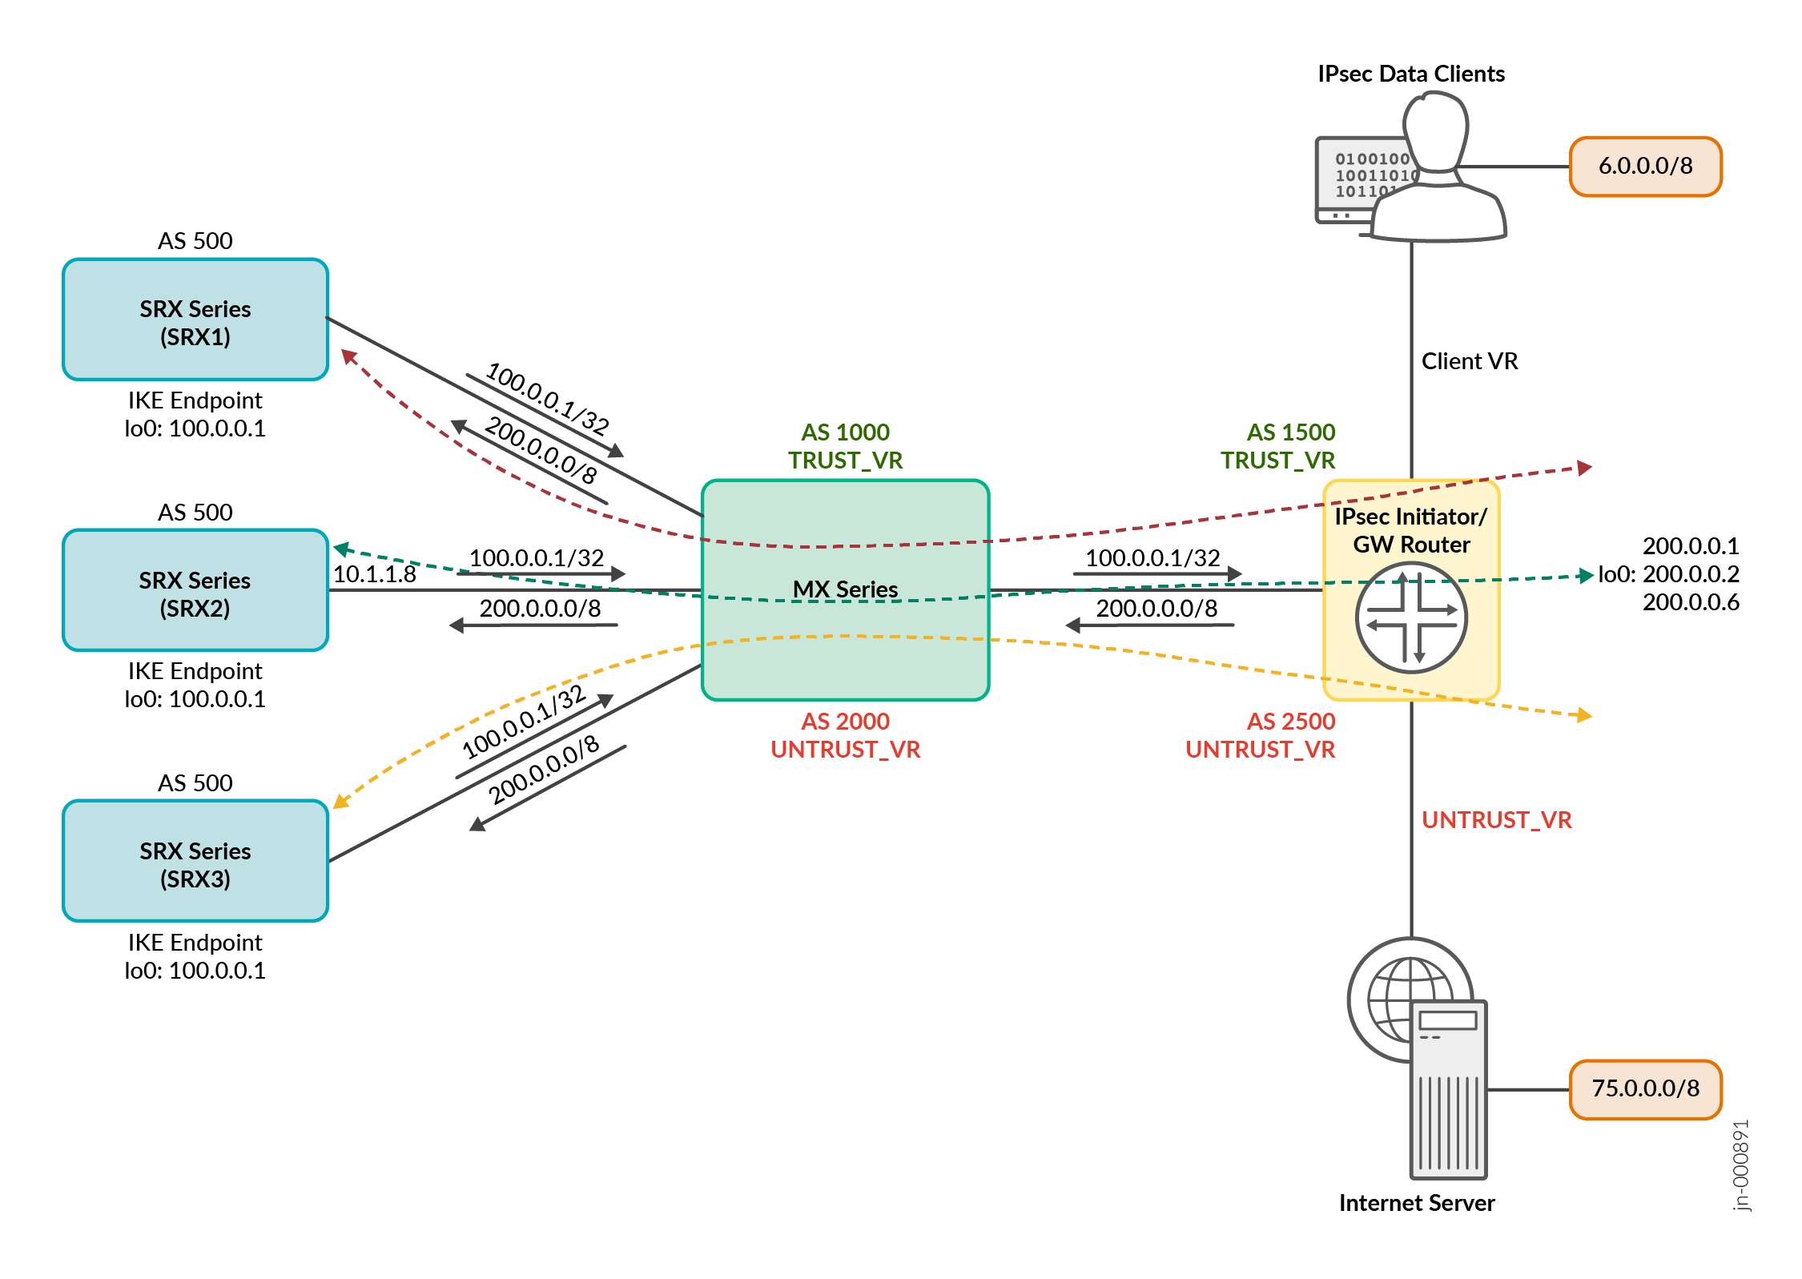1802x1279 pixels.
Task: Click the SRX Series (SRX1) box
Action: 195,320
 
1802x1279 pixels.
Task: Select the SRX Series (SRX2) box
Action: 195,590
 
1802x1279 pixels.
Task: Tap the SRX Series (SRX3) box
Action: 195,861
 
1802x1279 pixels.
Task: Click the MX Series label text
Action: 845,589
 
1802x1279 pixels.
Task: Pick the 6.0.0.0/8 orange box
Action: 1645,167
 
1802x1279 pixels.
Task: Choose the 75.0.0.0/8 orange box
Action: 1645,1088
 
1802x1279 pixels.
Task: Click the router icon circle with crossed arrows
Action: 1411,617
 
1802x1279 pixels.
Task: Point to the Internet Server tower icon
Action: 1448,1089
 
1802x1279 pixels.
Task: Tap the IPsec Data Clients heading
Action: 1411,74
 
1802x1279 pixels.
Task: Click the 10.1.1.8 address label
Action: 374,574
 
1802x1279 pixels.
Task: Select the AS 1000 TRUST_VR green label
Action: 845,446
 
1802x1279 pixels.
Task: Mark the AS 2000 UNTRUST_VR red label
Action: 845,735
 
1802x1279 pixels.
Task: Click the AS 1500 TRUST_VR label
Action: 1277,446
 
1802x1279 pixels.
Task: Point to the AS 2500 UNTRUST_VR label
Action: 1261,735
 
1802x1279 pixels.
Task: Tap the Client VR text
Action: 1470,361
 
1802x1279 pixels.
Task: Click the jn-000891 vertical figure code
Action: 1741,1165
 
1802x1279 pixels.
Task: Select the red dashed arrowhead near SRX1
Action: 348,356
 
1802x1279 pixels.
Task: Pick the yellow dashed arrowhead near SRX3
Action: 341,801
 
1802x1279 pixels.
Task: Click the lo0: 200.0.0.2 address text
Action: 1668,574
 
